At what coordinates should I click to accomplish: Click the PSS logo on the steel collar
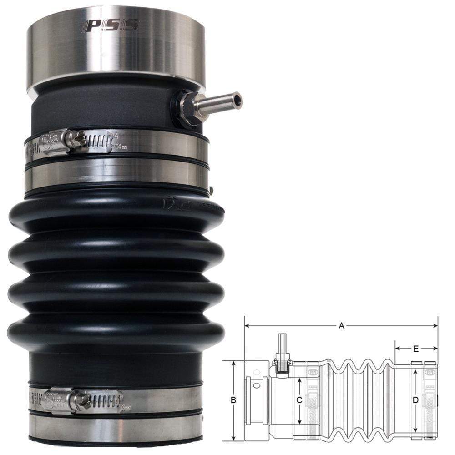(x=110, y=26)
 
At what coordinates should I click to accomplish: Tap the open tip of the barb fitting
(x=238, y=99)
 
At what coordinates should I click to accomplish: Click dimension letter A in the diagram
(x=341, y=325)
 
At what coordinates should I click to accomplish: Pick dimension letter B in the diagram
(x=233, y=400)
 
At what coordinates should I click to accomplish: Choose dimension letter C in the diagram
(x=299, y=400)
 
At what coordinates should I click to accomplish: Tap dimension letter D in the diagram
(x=415, y=400)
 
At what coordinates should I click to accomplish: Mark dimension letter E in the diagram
(x=416, y=349)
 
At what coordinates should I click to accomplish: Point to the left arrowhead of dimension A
(x=247, y=326)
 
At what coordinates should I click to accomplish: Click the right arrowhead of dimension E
(x=435, y=349)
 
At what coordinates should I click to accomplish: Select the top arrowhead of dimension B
(x=233, y=363)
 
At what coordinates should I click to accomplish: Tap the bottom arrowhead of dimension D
(x=415, y=431)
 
